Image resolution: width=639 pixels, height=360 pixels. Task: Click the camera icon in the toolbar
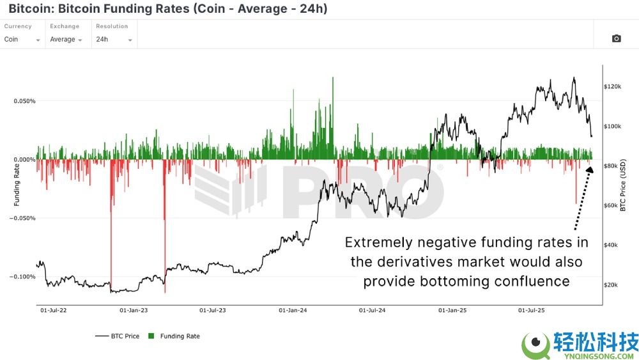pos(616,39)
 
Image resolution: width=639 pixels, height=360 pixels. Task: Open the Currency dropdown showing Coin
pos(22,39)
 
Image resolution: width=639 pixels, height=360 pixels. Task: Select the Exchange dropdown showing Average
pos(66,39)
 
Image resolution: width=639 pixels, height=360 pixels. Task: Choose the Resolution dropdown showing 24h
pos(114,39)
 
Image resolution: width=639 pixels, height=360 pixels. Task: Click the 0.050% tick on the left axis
pos(25,101)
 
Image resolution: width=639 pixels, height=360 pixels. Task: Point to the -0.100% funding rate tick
pos(24,276)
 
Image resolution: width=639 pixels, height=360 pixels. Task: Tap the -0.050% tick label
pos(24,218)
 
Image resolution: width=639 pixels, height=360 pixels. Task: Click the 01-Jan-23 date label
pos(134,311)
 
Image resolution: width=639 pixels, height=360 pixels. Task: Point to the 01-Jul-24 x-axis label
pos(372,311)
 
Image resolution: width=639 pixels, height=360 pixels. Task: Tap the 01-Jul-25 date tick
pos(530,311)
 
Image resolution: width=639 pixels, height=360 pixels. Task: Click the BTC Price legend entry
pos(118,336)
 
